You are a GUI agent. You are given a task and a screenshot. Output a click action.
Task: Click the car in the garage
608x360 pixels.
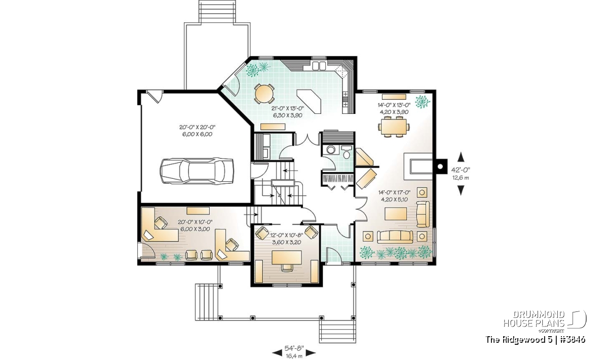(197, 171)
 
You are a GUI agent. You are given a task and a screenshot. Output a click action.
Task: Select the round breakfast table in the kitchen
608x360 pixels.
(264, 94)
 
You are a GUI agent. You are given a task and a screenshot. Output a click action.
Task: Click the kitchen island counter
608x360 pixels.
(309, 101)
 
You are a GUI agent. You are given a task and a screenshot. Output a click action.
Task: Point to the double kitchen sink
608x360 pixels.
(319, 66)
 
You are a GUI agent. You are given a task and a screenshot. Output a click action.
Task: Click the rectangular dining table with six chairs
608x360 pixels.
(394, 127)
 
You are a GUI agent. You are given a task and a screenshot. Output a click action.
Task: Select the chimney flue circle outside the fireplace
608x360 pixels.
(440, 166)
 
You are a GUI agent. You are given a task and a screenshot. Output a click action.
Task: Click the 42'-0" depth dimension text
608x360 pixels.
(461, 170)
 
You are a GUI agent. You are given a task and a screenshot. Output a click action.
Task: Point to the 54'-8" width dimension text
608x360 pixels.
(294, 347)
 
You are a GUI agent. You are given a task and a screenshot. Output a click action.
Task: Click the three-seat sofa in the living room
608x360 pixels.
(395, 237)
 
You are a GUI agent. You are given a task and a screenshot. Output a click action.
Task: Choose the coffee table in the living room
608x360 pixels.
(396, 214)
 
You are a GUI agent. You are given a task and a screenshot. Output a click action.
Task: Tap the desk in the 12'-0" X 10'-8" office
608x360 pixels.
(287, 257)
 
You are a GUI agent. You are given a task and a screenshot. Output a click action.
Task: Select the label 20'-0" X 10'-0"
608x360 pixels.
(195, 222)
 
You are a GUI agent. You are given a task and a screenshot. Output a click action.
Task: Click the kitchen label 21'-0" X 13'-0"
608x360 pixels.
(288, 108)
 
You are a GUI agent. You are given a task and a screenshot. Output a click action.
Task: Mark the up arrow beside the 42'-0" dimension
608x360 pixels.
(461, 157)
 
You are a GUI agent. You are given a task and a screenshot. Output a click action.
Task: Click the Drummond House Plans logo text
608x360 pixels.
(534, 319)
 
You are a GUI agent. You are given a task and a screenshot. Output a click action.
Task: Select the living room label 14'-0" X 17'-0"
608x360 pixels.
(394, 192)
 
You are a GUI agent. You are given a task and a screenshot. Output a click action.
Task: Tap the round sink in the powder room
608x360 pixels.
(330, 149)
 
